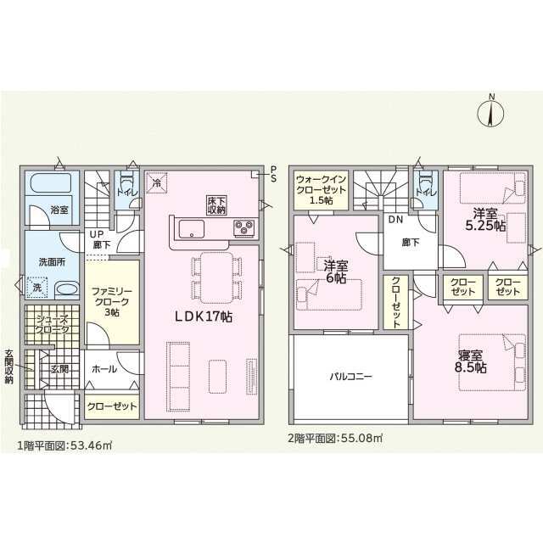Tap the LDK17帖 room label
(204, 316)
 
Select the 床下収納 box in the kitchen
(217, 205)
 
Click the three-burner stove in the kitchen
(244, 228)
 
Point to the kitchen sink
(191, 229)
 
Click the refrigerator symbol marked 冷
(156, 182)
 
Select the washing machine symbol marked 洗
(37, 287)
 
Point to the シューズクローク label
(53, 324)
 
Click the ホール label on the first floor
(104, 369)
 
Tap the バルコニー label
(350, 376)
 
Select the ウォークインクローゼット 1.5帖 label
(321, 190)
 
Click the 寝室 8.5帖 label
(470, 362)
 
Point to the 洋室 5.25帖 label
(485, 220)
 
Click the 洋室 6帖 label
(336, 271)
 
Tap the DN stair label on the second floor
(395, 219)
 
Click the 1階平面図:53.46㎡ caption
(64, 445)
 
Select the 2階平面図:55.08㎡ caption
(335, 438)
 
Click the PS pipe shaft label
(273, 174)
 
